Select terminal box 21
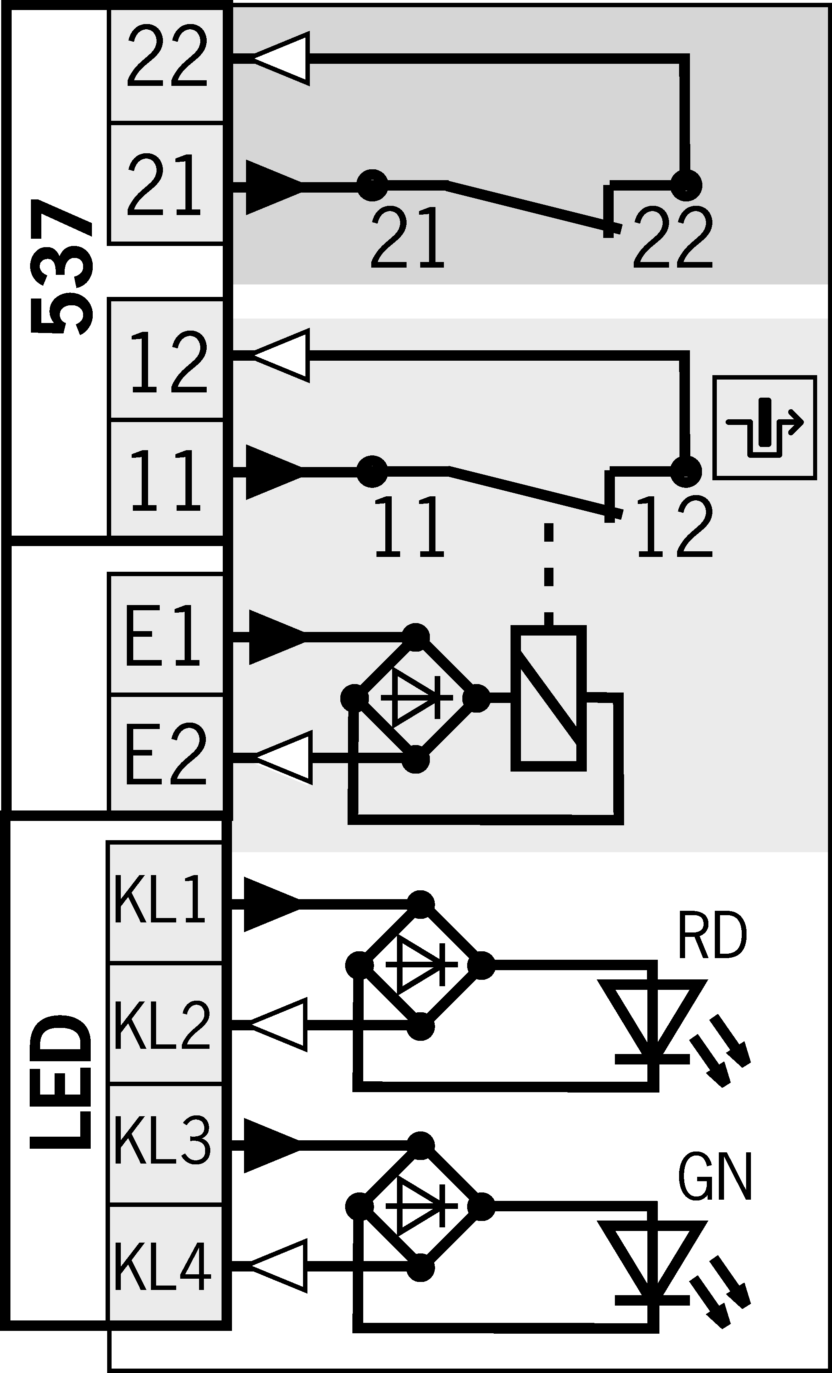(166, 184)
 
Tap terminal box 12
(166, 359)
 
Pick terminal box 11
(166, 479)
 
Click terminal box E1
(166, 634)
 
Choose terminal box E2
(166, 754)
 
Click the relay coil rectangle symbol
(549, 699)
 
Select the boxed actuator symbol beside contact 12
(765, 427)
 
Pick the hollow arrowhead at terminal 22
(281, 59)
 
